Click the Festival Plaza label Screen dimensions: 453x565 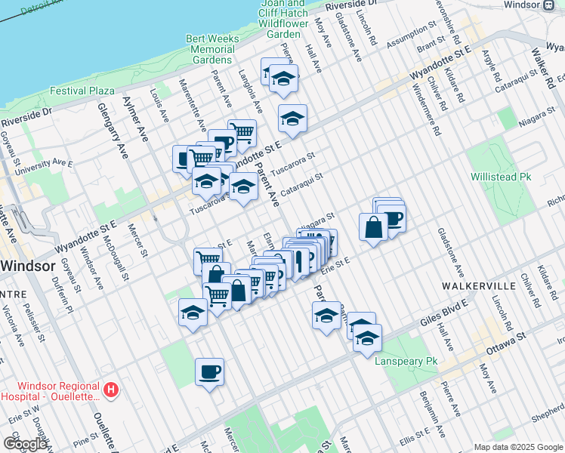pyautogui.click(x=82, y=91)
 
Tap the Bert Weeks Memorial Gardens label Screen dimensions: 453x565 pyautogui.click(x=211, y=49)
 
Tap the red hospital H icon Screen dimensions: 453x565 pyautogui.click(x=111, y=390)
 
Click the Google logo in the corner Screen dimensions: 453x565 pyautogui.click(x=25, y=443)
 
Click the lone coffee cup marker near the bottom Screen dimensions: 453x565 pyautogui.click(x=209, y=372)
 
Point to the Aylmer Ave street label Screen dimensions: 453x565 pyautogui.click(x=140, y=121)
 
